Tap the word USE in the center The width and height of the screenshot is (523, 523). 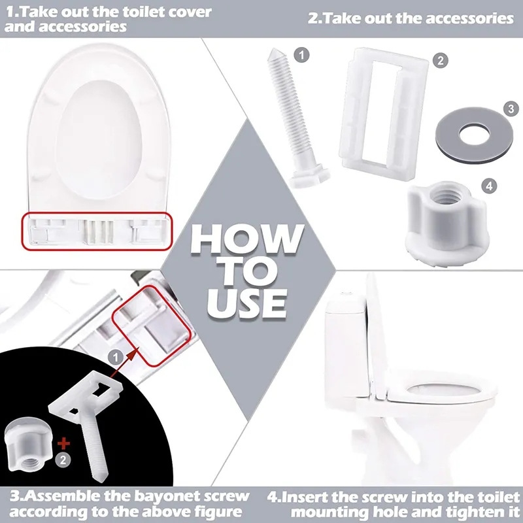pos(247,301)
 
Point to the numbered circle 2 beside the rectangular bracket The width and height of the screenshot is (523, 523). pos(442,60)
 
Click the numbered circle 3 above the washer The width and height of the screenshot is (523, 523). pos(511,108)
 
